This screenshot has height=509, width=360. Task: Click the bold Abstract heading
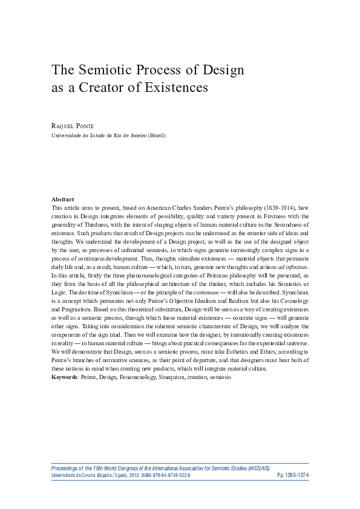point(63,199)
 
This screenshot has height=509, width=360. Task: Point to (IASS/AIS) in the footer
point(293,468)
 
